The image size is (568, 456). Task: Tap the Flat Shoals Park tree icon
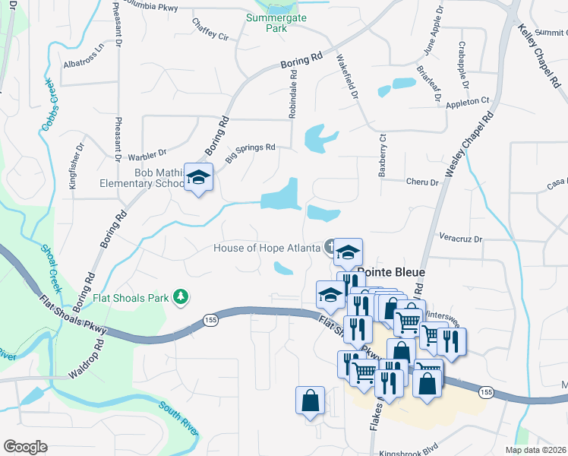tap(181, 296)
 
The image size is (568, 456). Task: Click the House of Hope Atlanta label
tap(267, 248)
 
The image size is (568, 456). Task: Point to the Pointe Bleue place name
tap(390, 272)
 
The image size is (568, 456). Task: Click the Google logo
tap(25, 446)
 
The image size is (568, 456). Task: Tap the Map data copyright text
tap(535, 450)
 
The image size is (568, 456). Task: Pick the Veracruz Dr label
tap(461, 239)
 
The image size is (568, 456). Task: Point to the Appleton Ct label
tap(468, 101)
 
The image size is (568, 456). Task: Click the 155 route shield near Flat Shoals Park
tap(211, 321)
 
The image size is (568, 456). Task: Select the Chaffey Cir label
tap(210, 33)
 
